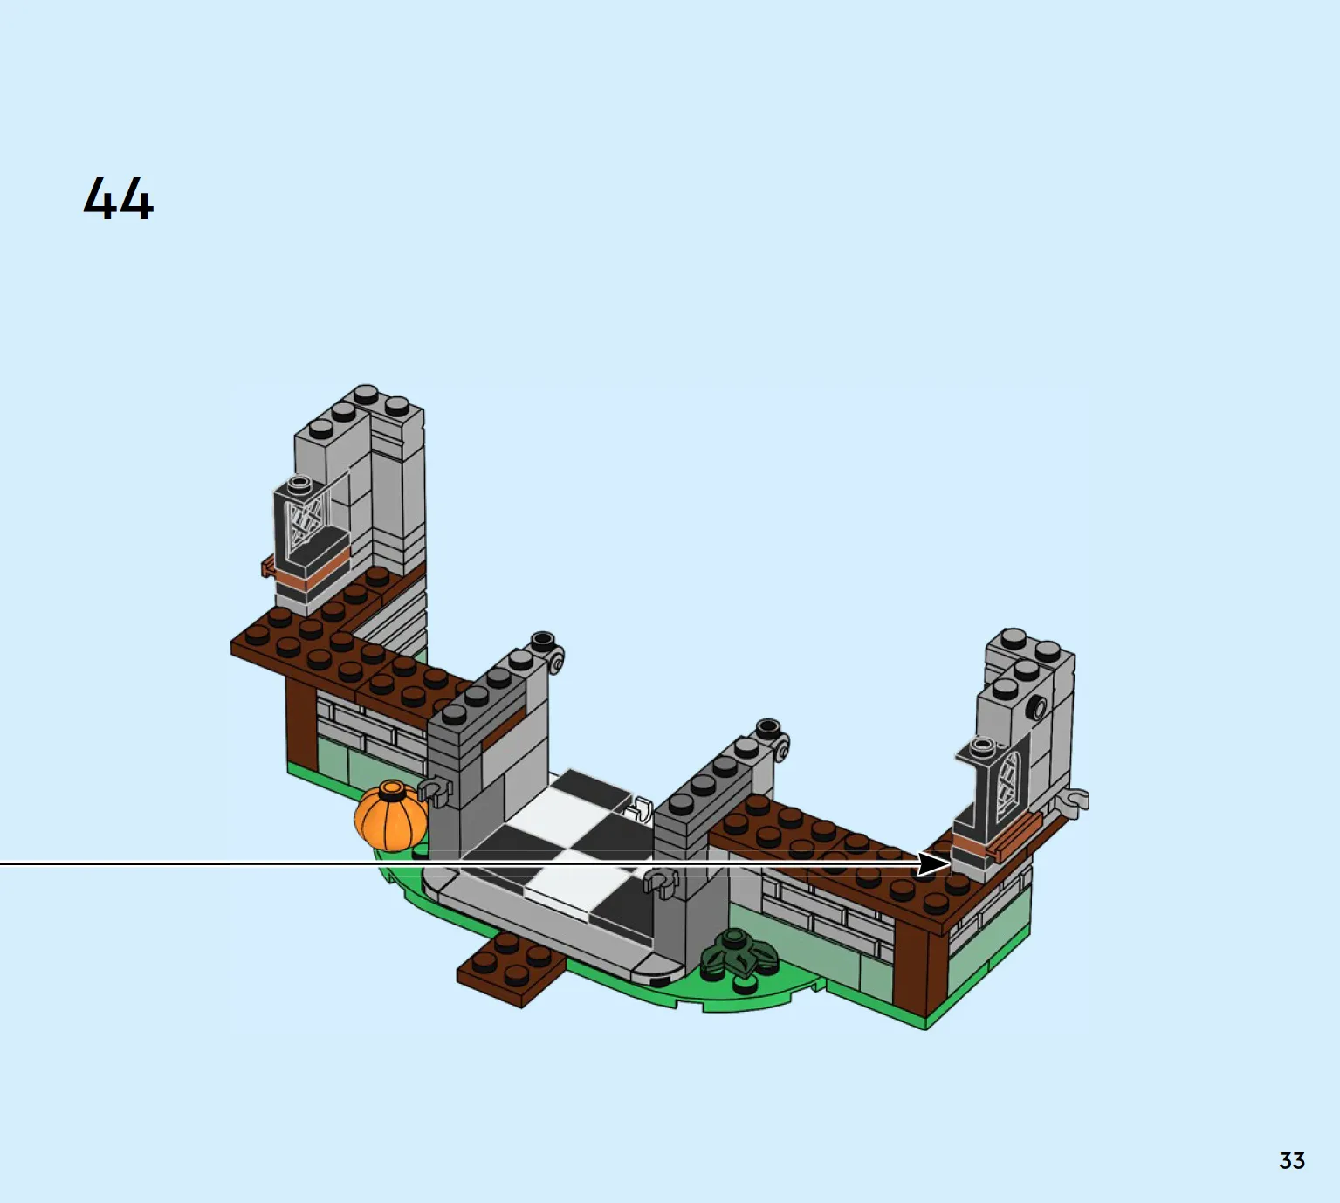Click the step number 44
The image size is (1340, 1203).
[x=119, y=198]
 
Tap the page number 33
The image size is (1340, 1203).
[x=1292, y=1161]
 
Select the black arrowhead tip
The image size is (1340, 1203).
[x=950, y=863]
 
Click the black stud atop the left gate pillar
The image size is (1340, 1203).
[x=542, y=640]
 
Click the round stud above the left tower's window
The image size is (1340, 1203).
[x=299, y=484]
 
